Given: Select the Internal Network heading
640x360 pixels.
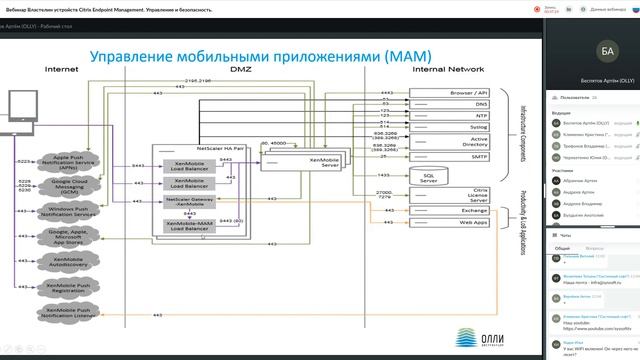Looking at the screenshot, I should pyautogui.click(x=448, y=69).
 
